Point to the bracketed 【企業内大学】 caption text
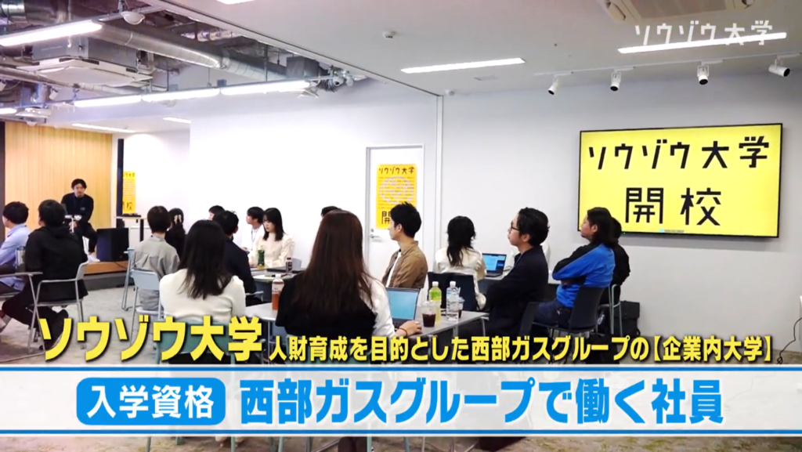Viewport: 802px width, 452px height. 706,349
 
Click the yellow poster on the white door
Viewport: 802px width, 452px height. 396,195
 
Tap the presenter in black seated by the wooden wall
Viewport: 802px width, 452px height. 78,212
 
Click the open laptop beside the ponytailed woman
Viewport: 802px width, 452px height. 493,264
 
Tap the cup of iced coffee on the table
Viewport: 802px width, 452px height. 428,314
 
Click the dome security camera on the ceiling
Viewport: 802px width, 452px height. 133,16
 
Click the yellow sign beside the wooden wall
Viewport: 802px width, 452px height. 128,192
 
